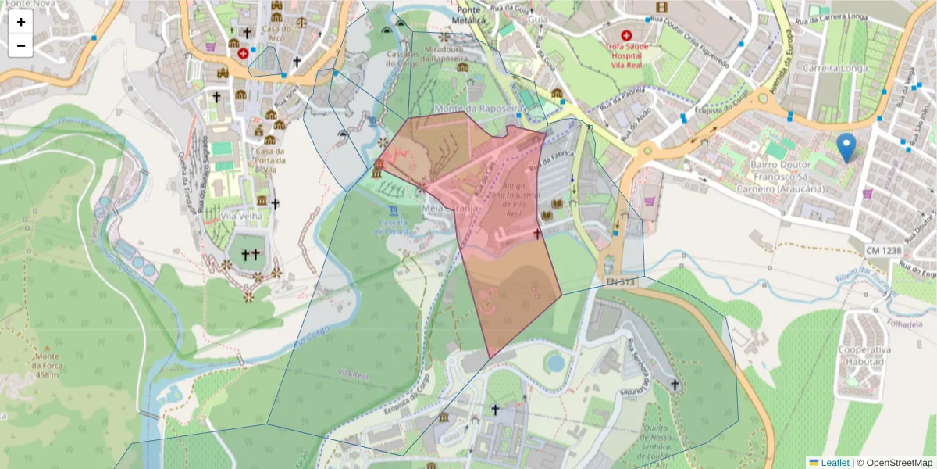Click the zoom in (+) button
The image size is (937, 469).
click(x=21, y=22)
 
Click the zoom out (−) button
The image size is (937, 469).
click(x=21, y=45)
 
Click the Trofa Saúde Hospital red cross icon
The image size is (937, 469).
click(x=626, y=35)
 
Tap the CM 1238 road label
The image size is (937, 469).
click(x=883, y=250)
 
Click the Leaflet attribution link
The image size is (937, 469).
click(x=834, y=463)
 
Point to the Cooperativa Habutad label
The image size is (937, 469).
click(x=864, y=356)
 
